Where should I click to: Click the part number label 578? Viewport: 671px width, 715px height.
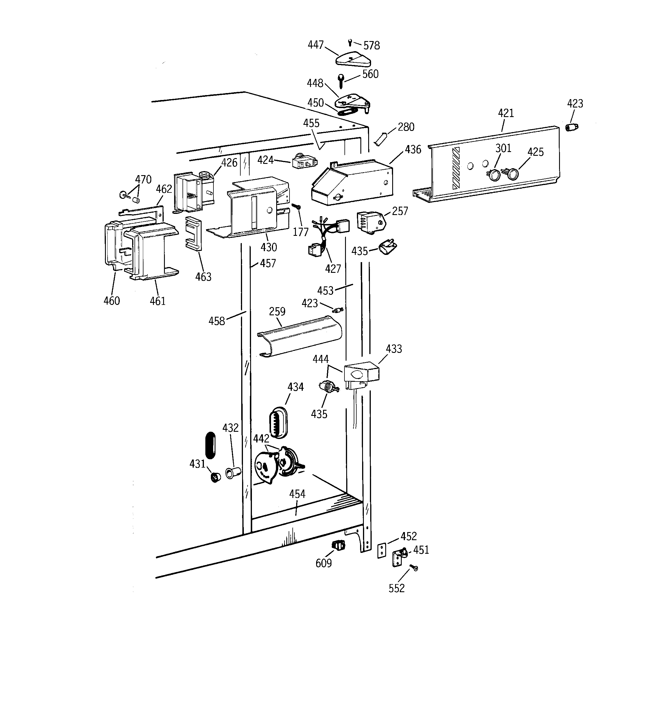(x=371, y=46)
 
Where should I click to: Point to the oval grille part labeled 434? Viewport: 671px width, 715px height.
(x=279, y=423)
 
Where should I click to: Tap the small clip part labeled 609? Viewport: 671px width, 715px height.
(x=338, y=545)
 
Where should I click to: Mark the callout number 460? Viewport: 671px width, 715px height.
(x=112, y=301)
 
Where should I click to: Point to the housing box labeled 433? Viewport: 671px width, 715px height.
(x=361, y=373)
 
